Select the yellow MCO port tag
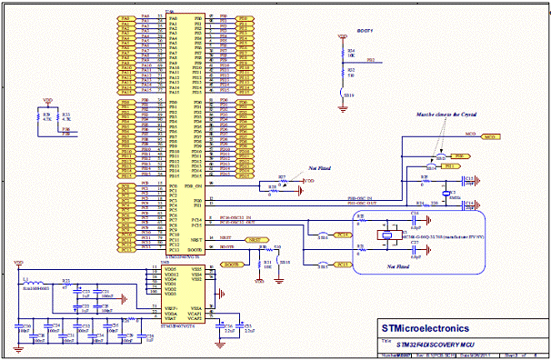(489, 136)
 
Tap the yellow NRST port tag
(257, 238)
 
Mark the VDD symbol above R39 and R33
(49, 100)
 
